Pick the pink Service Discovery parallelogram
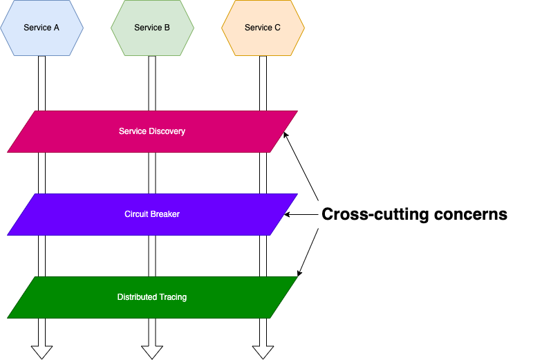pyautogui.click(x=152, y=131)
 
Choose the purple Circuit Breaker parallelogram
pyautogui.click(x=152, y=214)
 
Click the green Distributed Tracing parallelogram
pyautogui.click(x=152, y=297)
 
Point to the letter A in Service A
pyautogui.click(x=56, y=28)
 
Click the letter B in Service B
pyautogui.click(x=167, y=28)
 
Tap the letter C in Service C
pyautogui.click(x=277, y=28)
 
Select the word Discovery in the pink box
pyautogui.click(x=167, y=131)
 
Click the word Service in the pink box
pyautogui.click(x=133, y=131)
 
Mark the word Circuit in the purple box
pyautogui.click(x=136, y=214)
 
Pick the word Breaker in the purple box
pyautogui.click(x=165, y=214)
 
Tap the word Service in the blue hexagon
pyautogui.click(x=37, y=28)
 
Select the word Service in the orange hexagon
pyautogui.click(x=259, y=28)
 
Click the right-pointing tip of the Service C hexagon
pyautogui.click(x=304, y=28)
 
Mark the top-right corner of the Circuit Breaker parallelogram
pyautogui.click(x=297, y=194)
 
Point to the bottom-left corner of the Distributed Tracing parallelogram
pyautogui.click(x=8, y=318)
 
